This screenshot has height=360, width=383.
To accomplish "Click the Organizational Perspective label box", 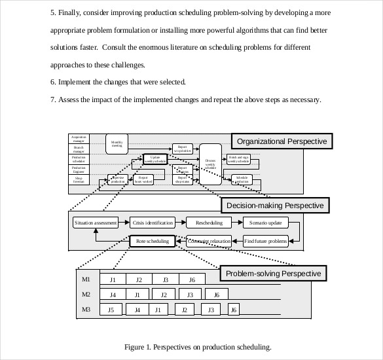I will [282, 141].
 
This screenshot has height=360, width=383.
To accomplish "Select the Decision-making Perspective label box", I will [275, 206].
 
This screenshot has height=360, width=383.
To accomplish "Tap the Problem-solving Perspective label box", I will [273, 273].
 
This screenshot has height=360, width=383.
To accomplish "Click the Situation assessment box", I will [96, 223].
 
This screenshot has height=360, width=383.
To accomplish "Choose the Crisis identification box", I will [153, 223].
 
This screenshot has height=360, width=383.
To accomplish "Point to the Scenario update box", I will [265, 223].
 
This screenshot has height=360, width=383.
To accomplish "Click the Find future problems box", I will [265, 241].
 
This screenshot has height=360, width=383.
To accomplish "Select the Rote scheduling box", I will [153, 241].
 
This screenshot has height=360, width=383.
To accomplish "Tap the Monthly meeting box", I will [117, 144].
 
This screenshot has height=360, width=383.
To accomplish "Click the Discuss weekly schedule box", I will [210, 162].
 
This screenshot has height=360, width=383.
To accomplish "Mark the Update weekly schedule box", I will [155, 159].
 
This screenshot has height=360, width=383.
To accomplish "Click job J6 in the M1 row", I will [192, 280].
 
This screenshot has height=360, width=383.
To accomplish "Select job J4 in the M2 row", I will [113, 295].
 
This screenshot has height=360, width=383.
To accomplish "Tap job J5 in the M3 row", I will [111, 310].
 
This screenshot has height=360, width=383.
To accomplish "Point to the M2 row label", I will [86, 295].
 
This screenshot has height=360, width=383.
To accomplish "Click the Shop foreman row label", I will [79, 179].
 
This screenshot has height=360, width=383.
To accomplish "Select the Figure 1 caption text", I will [197, 347].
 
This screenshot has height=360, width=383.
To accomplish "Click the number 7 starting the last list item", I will [52, 100].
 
